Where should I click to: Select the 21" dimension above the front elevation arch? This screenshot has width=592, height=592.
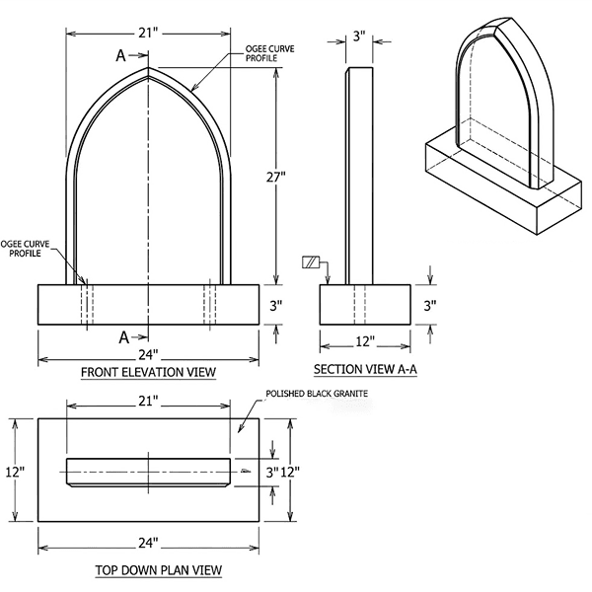(x=148, y=34)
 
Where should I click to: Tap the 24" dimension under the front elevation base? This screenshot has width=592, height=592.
(x=148, y=354)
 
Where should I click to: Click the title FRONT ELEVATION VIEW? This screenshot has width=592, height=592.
(x=148, y=372)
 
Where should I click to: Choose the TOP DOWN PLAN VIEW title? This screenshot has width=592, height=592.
(x=158, y=569)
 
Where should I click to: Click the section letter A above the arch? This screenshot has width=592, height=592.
(x=121, y=56)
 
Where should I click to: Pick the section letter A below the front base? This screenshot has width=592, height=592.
(x=124, y=336)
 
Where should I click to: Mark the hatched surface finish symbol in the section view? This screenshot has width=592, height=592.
(x=312, y=261)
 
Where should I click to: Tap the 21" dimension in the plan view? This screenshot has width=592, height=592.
(x=148, y=404)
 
